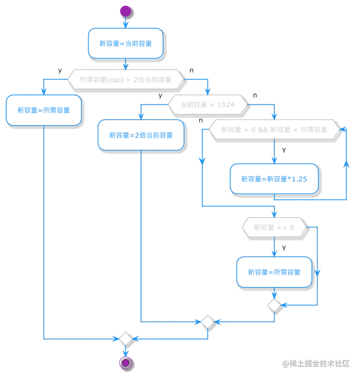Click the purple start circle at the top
125,11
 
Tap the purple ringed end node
125,363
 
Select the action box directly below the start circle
125,43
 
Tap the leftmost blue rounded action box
44,110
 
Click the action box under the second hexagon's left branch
140,135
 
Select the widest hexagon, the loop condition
275,130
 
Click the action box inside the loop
275,180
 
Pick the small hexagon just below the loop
275,229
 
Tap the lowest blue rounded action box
275,270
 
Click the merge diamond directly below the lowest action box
275,305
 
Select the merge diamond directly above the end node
125,339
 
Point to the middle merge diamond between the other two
207,322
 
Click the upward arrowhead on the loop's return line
345,167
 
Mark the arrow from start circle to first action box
125,23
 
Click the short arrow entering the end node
125,351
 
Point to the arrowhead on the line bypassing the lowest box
284,305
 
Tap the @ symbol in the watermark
285,363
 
